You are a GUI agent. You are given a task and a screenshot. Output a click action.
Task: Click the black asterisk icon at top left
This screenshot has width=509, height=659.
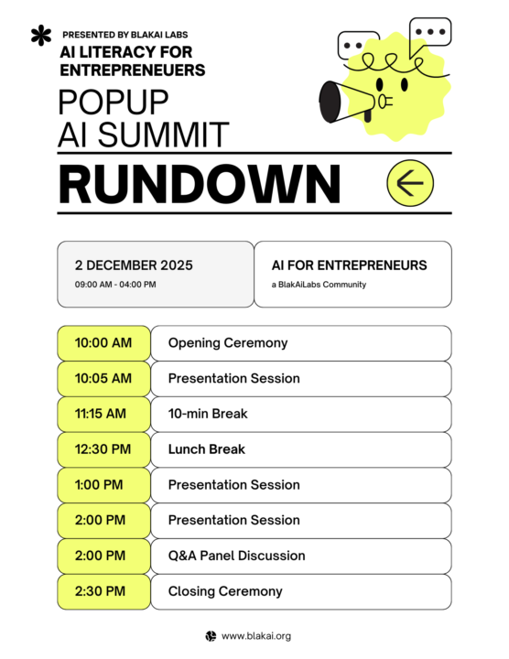(x=40, y=37)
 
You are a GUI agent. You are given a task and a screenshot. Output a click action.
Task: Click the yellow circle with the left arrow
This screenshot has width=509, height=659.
(x=409, y=183)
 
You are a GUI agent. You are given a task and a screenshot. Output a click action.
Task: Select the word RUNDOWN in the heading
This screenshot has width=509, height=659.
(x=200, y=184)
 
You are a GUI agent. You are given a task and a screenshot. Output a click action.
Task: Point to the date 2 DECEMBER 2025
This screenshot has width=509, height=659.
(x=134, y=265)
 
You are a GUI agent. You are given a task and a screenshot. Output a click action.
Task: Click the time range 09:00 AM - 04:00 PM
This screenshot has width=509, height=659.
(x=115, y=285)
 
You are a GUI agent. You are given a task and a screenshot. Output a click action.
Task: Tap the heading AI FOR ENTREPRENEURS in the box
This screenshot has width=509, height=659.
(x=349, y=265)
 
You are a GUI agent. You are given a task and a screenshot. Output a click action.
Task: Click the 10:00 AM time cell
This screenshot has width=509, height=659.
(x=103, y=343)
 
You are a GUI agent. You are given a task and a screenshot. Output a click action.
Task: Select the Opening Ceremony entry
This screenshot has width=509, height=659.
(x=228, y=343)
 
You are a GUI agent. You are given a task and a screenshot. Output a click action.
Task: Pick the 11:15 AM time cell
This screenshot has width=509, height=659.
(x=103, y=414)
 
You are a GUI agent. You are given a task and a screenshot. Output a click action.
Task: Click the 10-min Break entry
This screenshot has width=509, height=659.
(x=208, y=414)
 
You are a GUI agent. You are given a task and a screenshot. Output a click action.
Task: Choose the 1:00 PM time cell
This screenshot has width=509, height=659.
(x=103, y=485)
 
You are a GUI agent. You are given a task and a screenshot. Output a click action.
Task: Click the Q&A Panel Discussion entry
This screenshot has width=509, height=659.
(x=236, y=556)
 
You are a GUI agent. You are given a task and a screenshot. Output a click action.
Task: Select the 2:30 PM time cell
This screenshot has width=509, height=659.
(x=103, y=591)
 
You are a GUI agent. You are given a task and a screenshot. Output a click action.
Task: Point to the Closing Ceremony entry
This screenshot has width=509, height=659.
(x=225, y=591)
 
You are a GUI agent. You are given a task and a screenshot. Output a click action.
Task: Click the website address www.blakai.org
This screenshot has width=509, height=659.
(x=256, y=636)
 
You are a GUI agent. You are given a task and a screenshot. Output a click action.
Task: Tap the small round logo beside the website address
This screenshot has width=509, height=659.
(x=211, y=636)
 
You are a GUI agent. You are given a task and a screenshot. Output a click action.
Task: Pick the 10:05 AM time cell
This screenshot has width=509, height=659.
(x=103, y=378)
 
